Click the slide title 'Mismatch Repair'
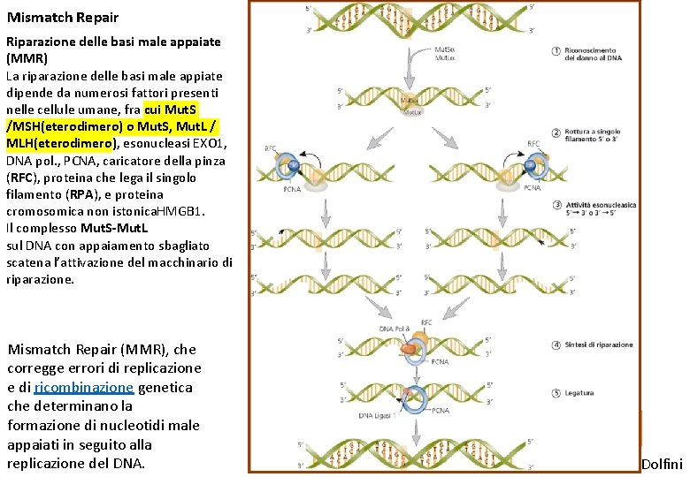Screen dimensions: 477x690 click(x=62, y=17)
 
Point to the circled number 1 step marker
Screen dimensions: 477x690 click(x=556, y=51)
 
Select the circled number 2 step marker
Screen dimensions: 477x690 click(x=556, y=133)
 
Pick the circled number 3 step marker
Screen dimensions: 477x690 click(x=556, y=205)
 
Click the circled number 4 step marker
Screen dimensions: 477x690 click(x=556, y=344)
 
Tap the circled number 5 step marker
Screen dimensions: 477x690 click(x=556, y=393)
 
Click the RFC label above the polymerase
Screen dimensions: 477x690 click(x=426, y=323)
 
